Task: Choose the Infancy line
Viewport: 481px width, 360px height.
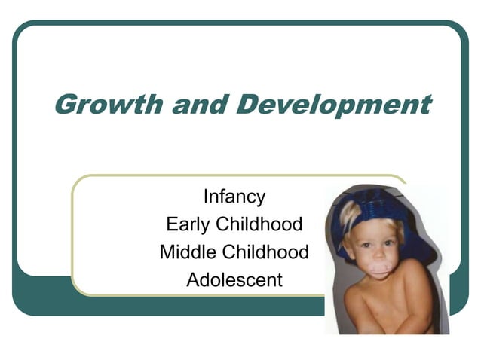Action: point(234,197)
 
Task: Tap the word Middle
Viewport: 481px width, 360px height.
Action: point(186,252)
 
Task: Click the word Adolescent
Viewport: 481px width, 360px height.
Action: point(234,280)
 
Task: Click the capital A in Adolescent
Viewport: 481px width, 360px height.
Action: point(192,280)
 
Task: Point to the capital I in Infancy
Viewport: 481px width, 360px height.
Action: point(205,197)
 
